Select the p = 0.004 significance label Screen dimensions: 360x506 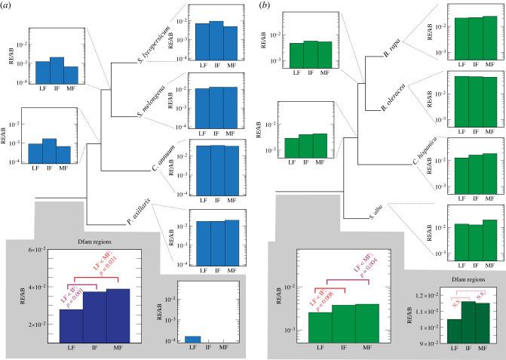pos(356,270)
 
